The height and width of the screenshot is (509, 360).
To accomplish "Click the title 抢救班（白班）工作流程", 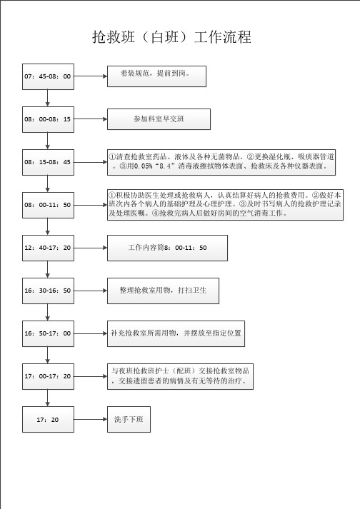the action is [x=172, y=37].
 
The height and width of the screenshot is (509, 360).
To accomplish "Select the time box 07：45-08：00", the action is [x=48, y=76].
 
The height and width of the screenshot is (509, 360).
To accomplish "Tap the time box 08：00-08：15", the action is [x=48, y=119].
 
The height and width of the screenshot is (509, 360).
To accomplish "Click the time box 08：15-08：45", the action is [x=48, y=162].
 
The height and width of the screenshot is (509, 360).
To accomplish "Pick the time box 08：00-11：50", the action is [x=48, y=205].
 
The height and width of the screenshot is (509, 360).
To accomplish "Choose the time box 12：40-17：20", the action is [x=48, y=248].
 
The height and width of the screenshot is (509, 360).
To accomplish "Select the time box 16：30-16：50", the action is [x=48, y=291].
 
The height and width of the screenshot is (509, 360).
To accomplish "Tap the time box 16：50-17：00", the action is [x=48, y=333].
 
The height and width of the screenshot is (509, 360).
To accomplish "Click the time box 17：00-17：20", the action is [x=48, y=376].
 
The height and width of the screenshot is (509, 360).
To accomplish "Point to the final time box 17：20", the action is [x=48, y=419].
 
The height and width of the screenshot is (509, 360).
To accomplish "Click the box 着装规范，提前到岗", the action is [x=156, y=76].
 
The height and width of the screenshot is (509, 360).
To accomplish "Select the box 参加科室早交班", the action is [x=159, y=119].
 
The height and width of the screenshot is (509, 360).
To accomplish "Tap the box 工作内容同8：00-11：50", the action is [x=167, y=248].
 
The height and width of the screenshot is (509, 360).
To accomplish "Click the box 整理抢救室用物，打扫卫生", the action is [x=163, y=291].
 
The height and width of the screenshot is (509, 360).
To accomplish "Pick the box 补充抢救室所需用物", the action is [x=176, y=333].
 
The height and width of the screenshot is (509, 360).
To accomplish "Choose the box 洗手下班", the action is [x=129, y=419].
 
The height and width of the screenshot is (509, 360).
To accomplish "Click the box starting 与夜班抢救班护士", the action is [x=180, y=376].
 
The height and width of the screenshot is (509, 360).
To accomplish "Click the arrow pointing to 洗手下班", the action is [x=91, y=419].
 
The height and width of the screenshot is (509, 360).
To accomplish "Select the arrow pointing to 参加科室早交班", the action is [x=91, y=119].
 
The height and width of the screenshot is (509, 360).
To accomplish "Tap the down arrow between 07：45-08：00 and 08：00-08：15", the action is [x=48, y=98].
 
